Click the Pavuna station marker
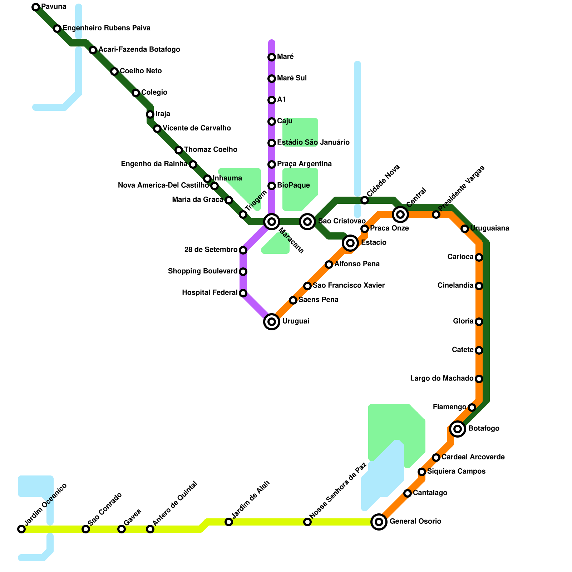click(x=36, y=7)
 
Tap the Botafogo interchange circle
click(x=458, y=429)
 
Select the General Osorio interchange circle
click(x=379, y=522)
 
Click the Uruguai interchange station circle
click(x=272, y=322)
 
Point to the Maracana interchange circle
click(x=272, y=222)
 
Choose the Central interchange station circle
click(x=400, y=214)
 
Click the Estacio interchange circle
click(x=350, y=243)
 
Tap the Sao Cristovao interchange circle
click(x=307, y=222)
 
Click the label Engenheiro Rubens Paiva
click(x=107, y=28)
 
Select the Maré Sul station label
click(x=292, y=78)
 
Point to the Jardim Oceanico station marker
click(x=21, y=529)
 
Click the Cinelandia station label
click(x=455, y=286)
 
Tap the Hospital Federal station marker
click(x=243, y=293)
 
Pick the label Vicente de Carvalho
click(x=197, y=128)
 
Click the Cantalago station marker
click(x=408, y=493)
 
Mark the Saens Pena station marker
click(x=293, y=300)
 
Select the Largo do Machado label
click(x=442, y=379)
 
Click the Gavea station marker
click(x=122, y=529)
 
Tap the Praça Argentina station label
click(x=304, y=164)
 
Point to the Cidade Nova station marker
click(x=365, y=200)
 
